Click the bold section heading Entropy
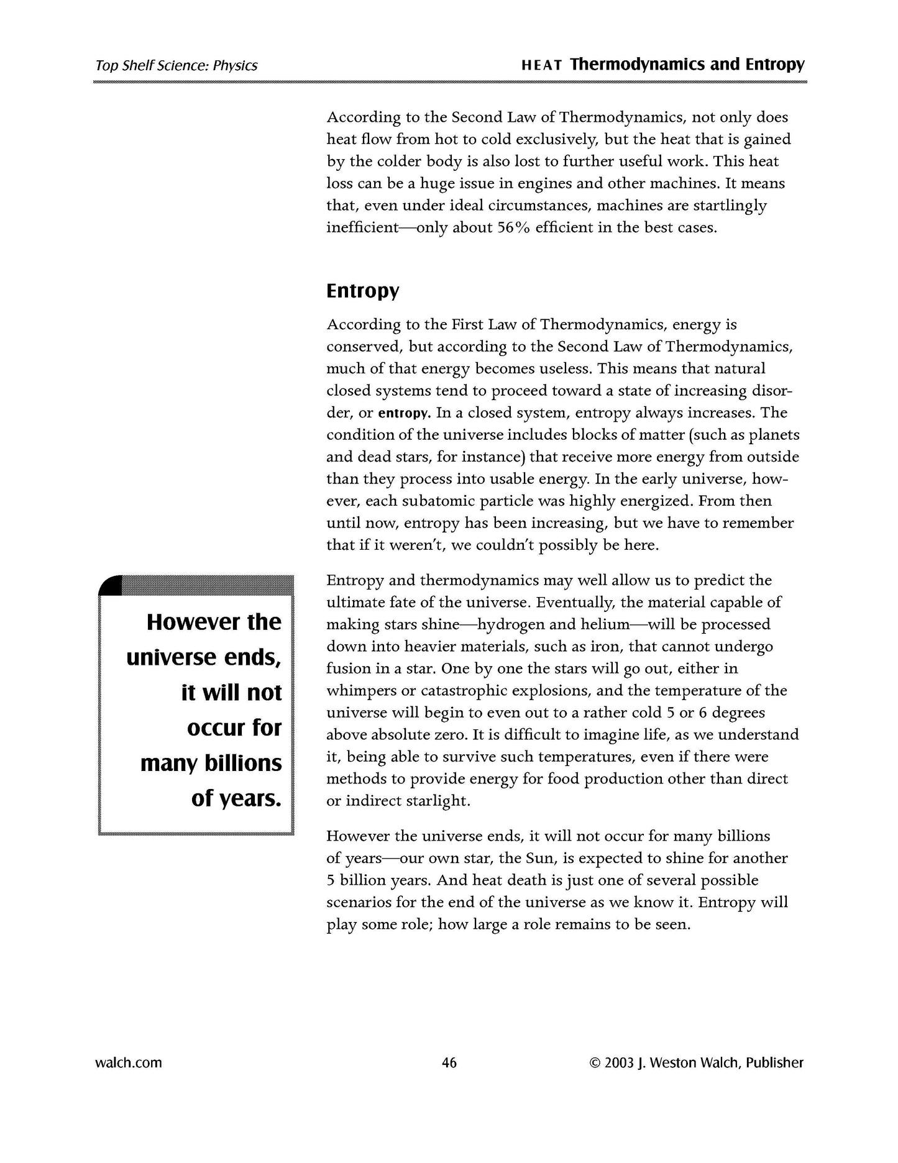pyautogui.click(x=363, y=291)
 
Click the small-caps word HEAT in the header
pyautogui.click(x=542, y=65)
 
